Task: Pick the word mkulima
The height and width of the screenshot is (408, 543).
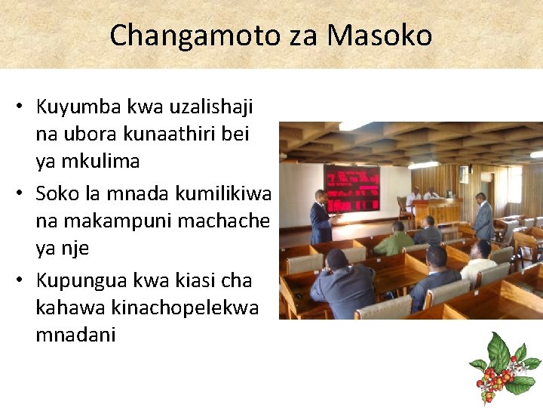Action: (103, 161)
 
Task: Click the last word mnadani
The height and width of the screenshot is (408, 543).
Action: (75, 334)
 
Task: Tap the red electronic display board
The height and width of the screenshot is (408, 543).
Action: (351, 189)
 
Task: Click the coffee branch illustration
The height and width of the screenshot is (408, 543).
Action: (505, 368)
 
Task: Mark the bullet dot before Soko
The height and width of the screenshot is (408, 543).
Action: (20, 195)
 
